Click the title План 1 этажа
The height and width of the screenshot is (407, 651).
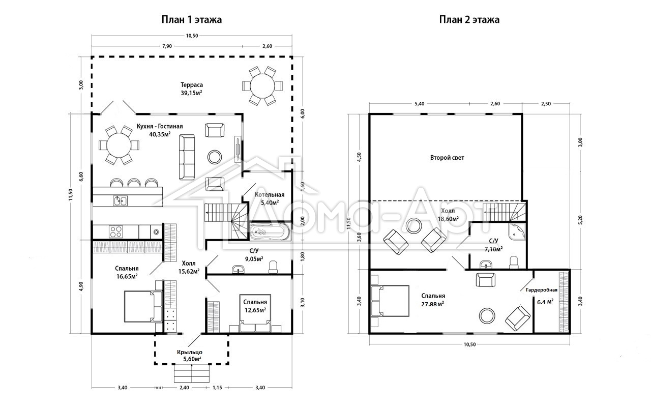click(x=192, y=19)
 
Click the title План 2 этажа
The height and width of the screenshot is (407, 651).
click(x=469, y=19)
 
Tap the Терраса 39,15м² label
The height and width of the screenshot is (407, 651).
click(x=192, y=89)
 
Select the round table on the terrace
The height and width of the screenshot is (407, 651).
click(x=262, y=86)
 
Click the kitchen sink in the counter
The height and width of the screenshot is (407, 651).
click(x=120, y=200)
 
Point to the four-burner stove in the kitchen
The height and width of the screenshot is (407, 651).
click(x=115, y=231)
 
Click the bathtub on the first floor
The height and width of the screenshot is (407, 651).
click(x=270, y=231)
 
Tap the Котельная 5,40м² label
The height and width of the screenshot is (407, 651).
click(x=270, y=198)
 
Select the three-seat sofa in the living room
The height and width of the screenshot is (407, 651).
click(x=187, y=157)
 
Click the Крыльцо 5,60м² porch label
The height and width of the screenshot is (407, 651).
click(x=190, y=356)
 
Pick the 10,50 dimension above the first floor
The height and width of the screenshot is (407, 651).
click(x=192, y=36)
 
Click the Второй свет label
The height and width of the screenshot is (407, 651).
click(x=447, y=158)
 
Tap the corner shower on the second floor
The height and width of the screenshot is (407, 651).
click(x=517, y=231)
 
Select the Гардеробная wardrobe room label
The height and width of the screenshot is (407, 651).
click(x=542, y=290)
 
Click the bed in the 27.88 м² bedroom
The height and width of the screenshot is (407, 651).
click(x=390, y=301)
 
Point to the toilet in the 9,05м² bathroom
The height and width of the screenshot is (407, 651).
click(x=273, y=267)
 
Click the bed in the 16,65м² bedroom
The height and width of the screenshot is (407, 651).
click(x=143, y=306)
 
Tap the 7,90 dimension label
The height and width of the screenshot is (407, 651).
click(x=167, y=46)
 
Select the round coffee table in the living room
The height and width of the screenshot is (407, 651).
click(x=215, y=157)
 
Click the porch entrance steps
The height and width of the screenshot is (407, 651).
click(x=192, y=373)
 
